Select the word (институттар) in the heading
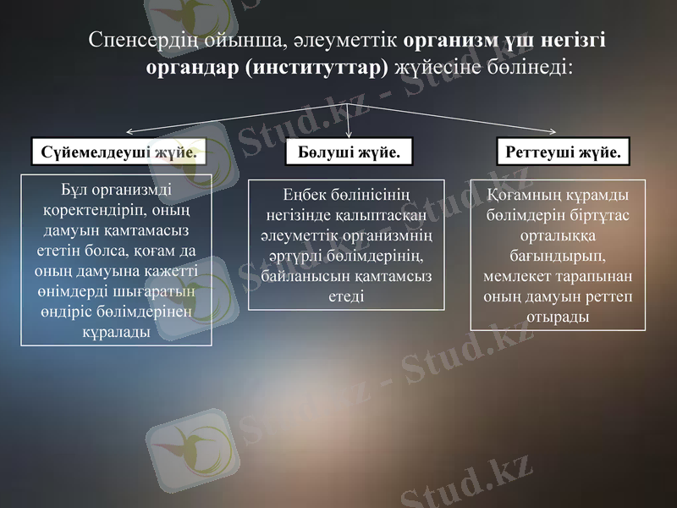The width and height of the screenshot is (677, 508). tap(316, 67)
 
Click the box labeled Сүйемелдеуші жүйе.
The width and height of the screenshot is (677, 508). tap(119, 152)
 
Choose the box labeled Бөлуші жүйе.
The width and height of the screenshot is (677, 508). tap(349, 152)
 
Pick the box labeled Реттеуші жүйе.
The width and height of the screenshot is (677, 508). tap(563, 152)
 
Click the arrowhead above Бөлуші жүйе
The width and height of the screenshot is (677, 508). tap(350, 133)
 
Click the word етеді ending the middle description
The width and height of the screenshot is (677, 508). tap(346, 296)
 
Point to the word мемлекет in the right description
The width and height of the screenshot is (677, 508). tap(519, 276)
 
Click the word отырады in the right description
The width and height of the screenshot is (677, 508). tap(558, 317)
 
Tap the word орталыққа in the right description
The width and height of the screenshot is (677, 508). tap(558, 235)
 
